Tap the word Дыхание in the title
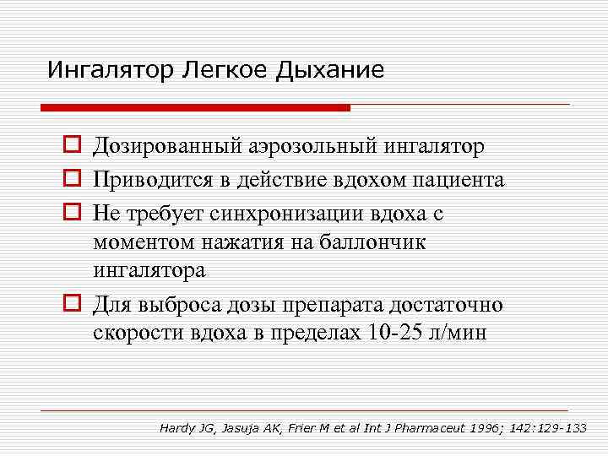click(x=329, y=69)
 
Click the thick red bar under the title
click(x=195, y=108)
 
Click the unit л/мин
click(x=459, y=332)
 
